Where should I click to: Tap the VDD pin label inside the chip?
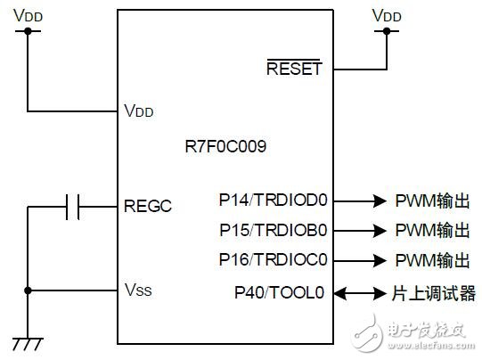coord(138,111)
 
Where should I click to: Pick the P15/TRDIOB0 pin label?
coord(273,230)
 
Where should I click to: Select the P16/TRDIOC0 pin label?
coord(273,260)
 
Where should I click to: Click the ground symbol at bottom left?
coord(28,342)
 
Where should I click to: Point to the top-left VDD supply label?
coord(28,15)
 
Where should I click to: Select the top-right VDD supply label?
coord(387,15)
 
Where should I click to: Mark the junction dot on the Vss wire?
coord(28,290)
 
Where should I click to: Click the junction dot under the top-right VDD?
coord(387,31)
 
